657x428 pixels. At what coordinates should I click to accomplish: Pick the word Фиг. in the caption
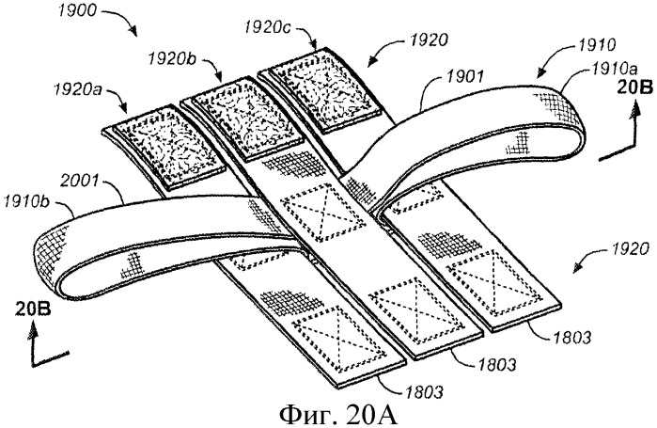tap(302, 412)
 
